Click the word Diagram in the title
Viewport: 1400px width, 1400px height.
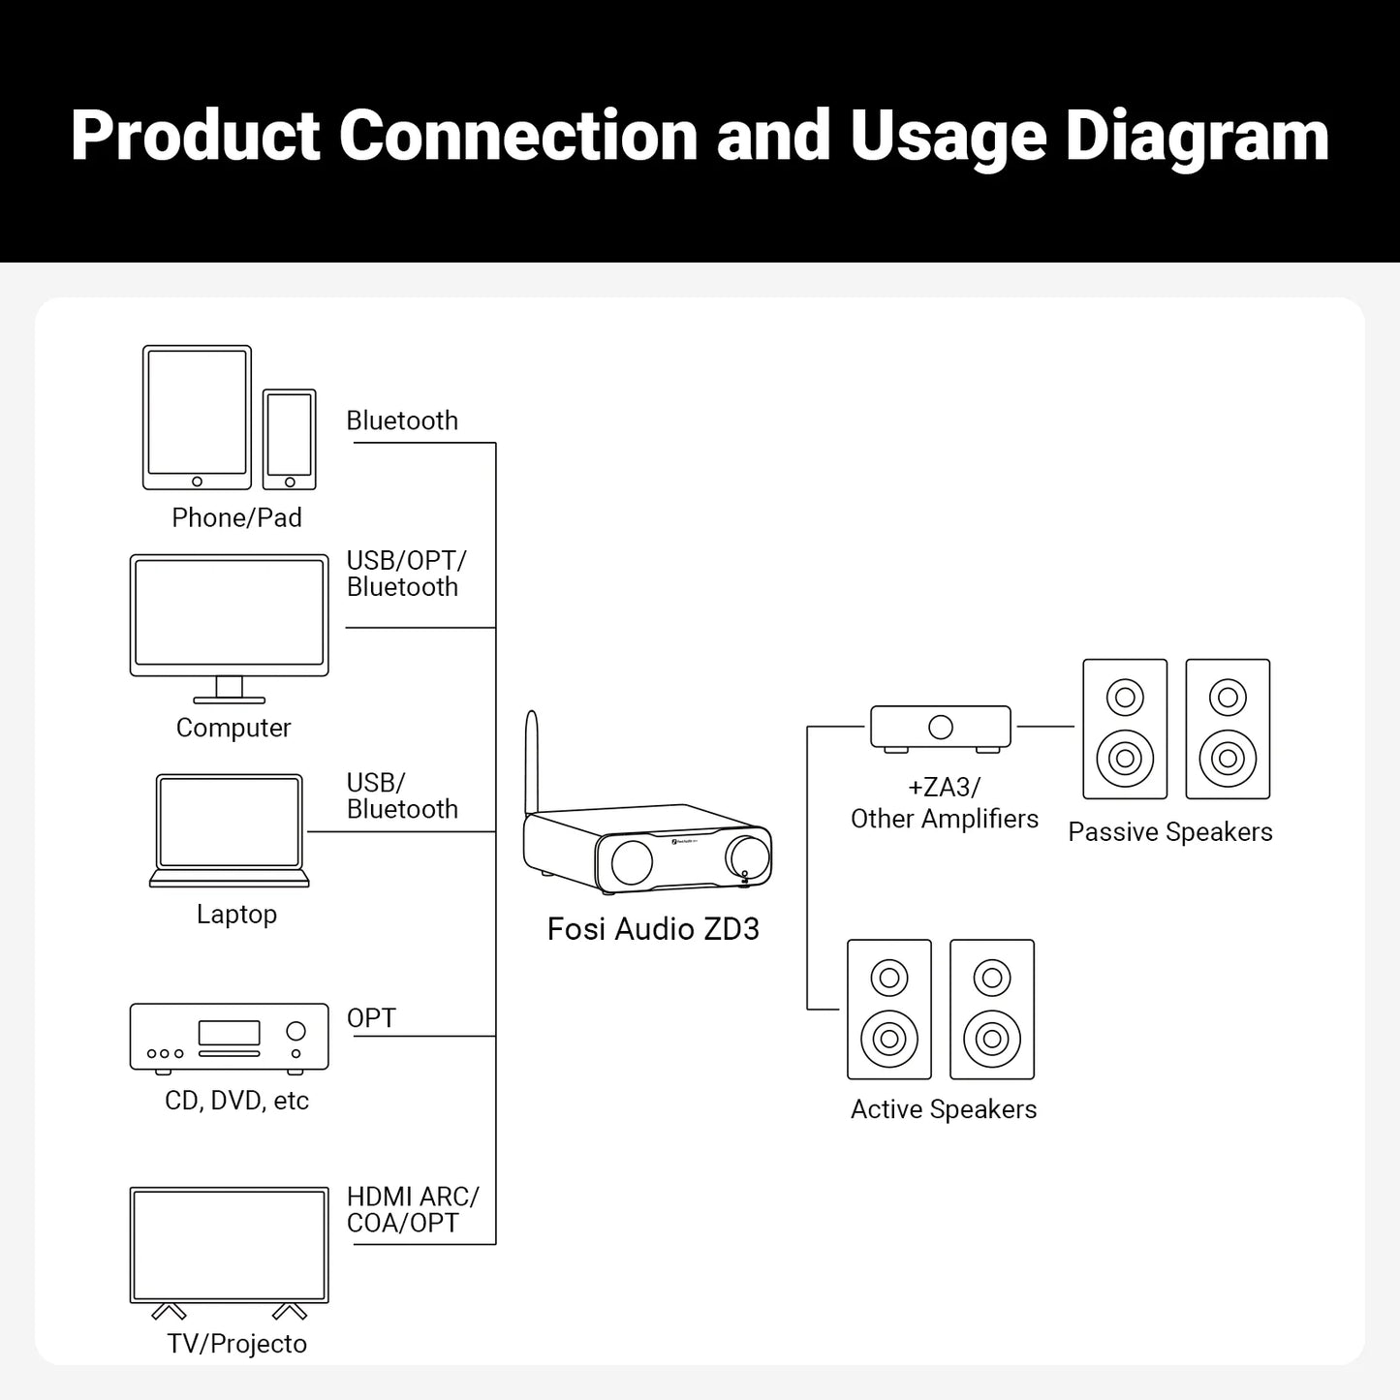[1197, 136]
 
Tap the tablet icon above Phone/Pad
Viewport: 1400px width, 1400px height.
[197, 418]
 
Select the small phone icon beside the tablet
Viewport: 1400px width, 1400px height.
[289, 439]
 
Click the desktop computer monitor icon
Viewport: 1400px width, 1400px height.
[229, 616]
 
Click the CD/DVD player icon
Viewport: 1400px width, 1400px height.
[229, 1038]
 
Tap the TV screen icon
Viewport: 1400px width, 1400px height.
[229, 1246]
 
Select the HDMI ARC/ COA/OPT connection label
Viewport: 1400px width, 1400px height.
[412, 1210]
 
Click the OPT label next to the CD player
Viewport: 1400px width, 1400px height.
[371, 1018]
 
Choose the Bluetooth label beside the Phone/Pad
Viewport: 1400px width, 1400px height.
[402, 420]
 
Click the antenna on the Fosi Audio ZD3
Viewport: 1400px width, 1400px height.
[531, 761]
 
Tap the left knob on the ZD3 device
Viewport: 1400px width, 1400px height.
[632, 861]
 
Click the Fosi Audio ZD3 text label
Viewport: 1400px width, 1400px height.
[653, 929]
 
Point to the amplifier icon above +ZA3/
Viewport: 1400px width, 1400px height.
[940, 728]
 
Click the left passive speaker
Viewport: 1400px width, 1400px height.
[1125, 730]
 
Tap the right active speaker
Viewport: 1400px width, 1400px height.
[992, 1010]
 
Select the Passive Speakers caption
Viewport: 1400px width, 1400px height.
[1169, 832]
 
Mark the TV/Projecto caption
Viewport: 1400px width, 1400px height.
[236, 1344]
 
